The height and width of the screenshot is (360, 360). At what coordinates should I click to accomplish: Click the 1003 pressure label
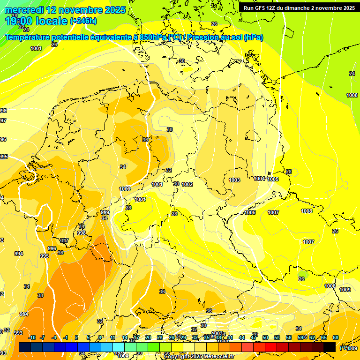(234, 180)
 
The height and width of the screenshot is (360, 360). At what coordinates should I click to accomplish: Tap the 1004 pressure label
(259, 179)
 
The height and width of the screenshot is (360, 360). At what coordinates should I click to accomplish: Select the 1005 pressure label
(273, 179)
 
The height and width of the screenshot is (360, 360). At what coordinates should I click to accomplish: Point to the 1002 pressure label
(187, 184)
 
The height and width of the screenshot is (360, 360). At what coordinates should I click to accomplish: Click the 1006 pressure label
(250, 212)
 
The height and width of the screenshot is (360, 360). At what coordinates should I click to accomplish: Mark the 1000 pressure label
(125, 189)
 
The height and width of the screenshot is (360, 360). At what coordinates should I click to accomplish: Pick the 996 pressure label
(52, 248)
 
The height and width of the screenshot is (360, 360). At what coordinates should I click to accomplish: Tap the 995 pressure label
(45, 256)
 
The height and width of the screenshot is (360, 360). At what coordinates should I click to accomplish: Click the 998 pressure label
(82, 233)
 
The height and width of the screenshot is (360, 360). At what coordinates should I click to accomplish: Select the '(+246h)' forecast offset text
(83, 21)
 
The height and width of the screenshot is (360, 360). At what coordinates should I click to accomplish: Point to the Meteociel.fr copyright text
(200, 356)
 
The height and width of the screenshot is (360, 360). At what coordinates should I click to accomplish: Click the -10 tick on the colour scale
(32, 337)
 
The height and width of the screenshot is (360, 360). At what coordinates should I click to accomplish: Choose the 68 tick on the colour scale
(336, 337)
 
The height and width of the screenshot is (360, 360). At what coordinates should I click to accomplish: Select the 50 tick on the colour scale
(265, 337)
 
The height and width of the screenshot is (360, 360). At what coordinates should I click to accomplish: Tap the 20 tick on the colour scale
(148, 337)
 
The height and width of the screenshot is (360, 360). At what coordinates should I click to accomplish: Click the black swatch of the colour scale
(330, 347)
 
